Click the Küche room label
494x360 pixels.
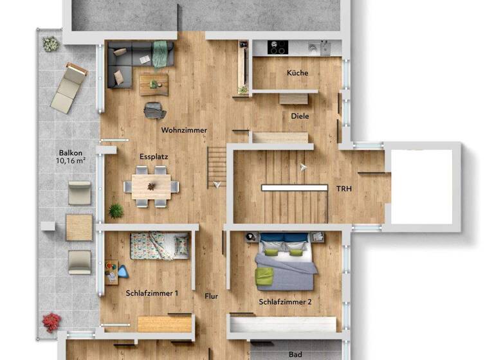click(297, 73)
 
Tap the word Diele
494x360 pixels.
click(300, 116)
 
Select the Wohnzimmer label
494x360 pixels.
click(184, 130)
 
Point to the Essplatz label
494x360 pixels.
click(154, 156)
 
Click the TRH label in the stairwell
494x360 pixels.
click(344, 188)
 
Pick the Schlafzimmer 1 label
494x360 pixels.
click(152, 293)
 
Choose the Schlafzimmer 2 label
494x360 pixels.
click(285, 301)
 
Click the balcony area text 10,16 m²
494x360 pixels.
click(71, 161)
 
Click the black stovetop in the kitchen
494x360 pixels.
click(278, 48)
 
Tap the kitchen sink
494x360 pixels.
click(315, 48)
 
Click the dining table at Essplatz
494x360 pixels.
click(152, 186)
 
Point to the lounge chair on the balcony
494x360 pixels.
click(69, 87)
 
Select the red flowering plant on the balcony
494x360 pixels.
click(51, 321)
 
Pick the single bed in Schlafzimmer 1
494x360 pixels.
click(159, 246)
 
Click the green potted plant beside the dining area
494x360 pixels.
click(116, 210)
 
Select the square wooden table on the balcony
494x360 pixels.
click(79, 228)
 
